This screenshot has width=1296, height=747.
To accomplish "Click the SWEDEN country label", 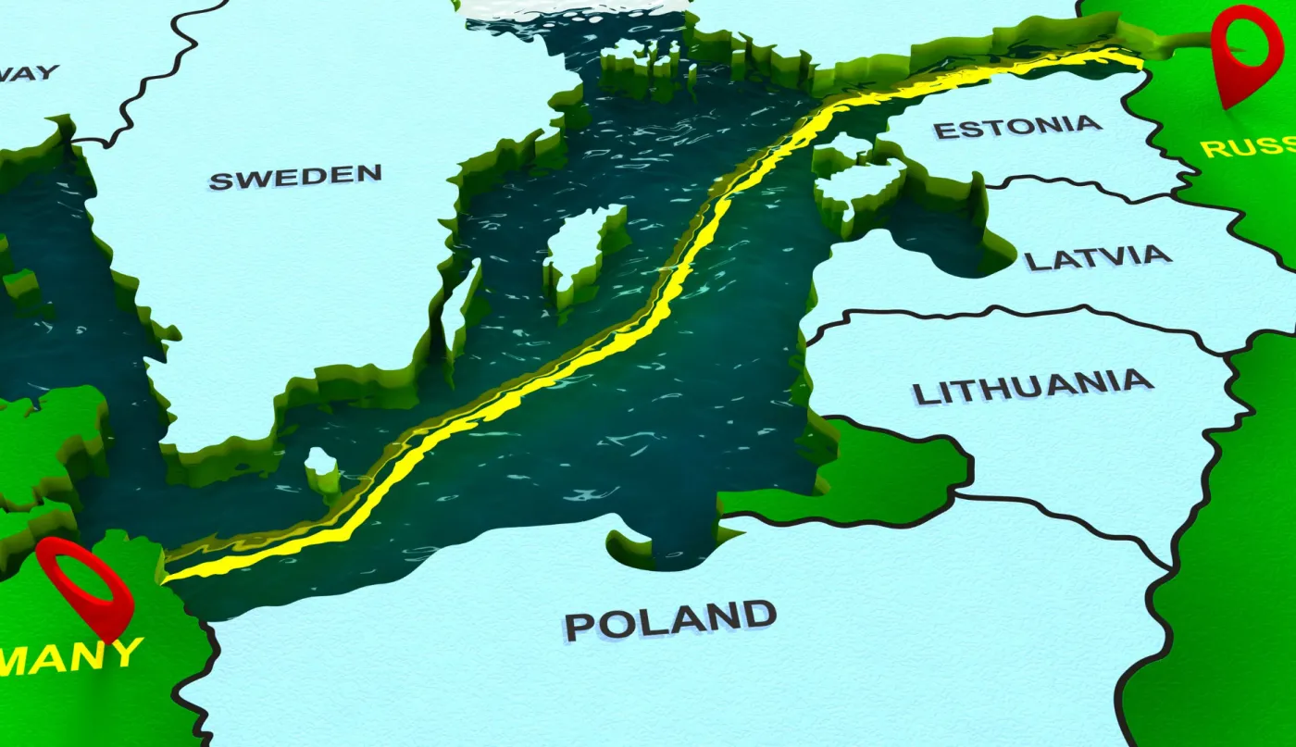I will [294, 176].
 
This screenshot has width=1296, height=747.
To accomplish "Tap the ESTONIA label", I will [1017, 126].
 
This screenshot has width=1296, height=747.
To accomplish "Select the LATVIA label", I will [1097, 257].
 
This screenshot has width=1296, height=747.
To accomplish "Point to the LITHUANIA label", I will [1032, 387].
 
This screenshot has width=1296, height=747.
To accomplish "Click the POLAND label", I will [669, 619].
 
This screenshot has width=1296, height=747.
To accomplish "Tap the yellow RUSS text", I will [1246, 146].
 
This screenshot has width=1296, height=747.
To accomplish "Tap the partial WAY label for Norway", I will [28, 72].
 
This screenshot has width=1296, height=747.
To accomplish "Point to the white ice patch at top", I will [574, 7].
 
